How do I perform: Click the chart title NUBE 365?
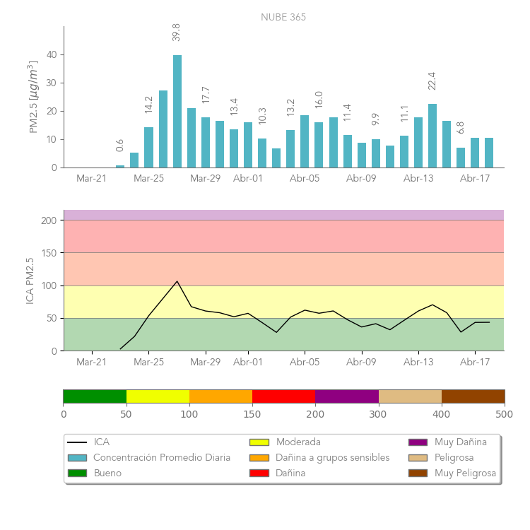[283, 17]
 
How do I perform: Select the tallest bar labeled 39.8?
[177, 112]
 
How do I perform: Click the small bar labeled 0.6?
[120, 166]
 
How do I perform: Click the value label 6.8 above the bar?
[461, 127]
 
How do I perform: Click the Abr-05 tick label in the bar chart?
[305, 179]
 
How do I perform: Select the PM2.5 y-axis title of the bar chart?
[33, 97]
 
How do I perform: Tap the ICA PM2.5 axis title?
[30, 281]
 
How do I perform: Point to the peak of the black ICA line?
[177, 281]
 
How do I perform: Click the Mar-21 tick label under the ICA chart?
[92, 363]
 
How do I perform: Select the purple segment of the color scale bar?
[347, 396]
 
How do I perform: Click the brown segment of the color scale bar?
[473, 396]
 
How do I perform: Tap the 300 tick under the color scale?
[379, 414]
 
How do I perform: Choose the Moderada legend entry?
[298, 442]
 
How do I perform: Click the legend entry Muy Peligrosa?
[465, 473]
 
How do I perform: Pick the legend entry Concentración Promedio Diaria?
[162, 458]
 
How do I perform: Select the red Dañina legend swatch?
[259, 473]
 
